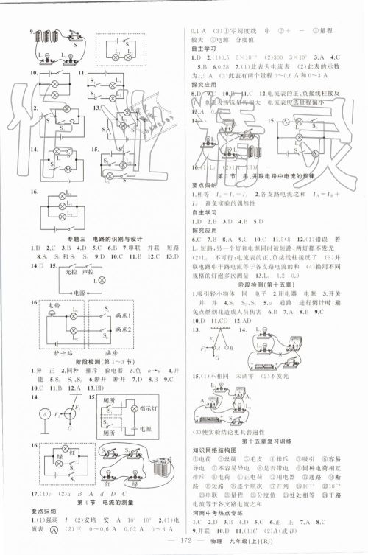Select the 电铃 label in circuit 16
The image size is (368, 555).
(54, 304)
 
